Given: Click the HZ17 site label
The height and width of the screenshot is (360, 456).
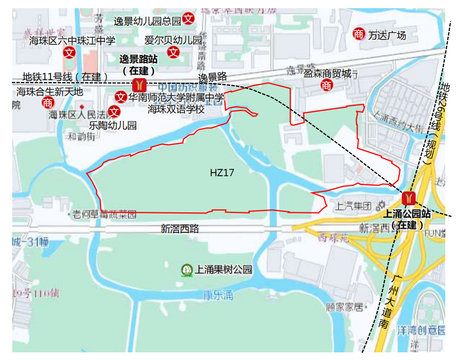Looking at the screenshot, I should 222,173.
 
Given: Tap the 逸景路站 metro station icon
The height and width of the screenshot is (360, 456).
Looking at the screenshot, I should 139,85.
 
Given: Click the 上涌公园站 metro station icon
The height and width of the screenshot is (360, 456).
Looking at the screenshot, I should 409,197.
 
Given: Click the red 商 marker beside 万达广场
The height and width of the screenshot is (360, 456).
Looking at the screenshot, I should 359,34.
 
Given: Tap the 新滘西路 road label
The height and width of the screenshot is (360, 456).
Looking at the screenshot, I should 180,229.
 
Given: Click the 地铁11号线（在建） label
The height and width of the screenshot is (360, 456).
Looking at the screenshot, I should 65,77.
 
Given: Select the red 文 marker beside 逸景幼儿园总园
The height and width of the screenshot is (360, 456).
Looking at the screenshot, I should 188,19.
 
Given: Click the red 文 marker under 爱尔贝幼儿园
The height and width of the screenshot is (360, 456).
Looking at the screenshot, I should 174,52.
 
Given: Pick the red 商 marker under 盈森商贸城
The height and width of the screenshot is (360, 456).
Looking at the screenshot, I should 327,86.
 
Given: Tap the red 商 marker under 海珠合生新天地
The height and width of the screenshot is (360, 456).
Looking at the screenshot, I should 48,103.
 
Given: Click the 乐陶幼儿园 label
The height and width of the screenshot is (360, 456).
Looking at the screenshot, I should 113,125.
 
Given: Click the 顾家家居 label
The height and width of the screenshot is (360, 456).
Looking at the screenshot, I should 344,307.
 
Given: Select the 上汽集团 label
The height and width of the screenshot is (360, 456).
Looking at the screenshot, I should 353,206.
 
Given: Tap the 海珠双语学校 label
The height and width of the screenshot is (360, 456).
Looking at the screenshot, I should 176,109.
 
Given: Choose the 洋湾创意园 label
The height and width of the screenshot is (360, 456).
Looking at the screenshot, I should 421,330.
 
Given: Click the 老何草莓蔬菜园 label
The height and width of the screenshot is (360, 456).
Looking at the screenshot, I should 105,214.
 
